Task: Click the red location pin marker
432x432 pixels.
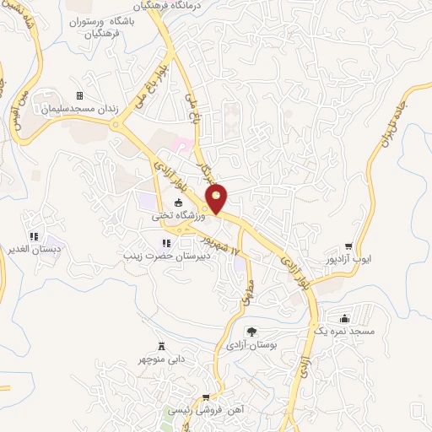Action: [x=218, y=198]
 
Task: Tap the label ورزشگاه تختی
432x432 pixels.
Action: [x=177, y=215]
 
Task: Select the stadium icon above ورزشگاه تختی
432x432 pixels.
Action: [x=177, y=202]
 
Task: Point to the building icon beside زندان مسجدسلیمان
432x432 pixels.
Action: [x=80, y=95]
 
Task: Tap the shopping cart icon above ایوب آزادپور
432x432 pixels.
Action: [x=348, y=246]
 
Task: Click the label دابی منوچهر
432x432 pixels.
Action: [x=160, y=358]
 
